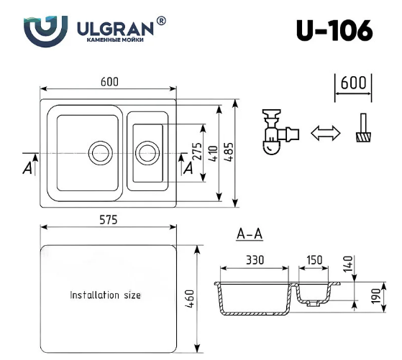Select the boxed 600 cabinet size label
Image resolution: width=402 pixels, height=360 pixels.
[352, 83]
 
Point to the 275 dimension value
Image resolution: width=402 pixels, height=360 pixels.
[196, 152]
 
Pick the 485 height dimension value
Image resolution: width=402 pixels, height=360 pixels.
[229, 152]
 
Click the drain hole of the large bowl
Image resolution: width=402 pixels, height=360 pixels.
[99, 152]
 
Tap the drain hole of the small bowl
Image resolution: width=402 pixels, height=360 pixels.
[147, 152]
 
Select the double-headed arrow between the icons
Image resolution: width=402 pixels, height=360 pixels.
[325, 133]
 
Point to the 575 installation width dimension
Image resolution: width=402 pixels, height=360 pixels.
[107, 221]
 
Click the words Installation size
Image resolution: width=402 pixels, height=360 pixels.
[105, 295]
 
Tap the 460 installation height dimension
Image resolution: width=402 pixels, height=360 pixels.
[190, 297]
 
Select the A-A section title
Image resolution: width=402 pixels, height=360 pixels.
[250, 234]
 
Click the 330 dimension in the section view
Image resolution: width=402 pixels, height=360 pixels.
[255, 259]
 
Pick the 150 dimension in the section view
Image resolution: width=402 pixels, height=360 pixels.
[314, 259]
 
